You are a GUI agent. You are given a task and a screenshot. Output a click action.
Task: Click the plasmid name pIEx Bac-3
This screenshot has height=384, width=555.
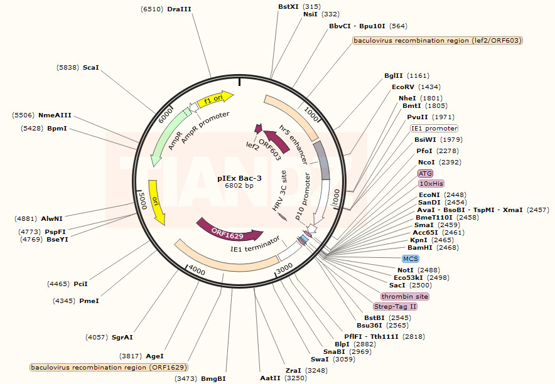point(239,178)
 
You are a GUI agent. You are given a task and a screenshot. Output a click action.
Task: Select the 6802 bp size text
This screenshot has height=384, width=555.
point(239,186)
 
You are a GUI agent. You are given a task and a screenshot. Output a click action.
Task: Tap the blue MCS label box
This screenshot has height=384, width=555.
point(411,259)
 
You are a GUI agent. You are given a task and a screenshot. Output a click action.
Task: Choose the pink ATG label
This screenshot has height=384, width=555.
point(426,173)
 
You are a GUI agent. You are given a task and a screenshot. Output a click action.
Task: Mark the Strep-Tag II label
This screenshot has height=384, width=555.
point(396,306)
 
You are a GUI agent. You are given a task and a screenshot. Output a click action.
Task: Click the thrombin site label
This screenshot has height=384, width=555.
point(405,296)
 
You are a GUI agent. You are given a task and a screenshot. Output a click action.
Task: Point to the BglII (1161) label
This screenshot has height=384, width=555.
point(407,75)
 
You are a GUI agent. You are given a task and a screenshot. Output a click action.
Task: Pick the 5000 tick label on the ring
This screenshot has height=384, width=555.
point(143,201)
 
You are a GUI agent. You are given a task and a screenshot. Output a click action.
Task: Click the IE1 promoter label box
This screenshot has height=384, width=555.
point(434,128)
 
